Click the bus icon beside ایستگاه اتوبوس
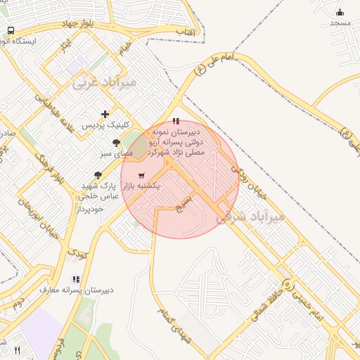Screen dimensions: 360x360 [x=11, y=30]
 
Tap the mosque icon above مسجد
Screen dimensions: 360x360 [x=340, y=12]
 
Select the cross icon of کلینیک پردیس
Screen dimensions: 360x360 [x=105, y=114]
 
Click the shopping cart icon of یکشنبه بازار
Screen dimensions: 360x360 [x=141, y=175]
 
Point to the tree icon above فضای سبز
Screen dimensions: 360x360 [x=116, y=143]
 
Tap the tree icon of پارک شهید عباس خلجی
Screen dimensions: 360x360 [x=98, y=175]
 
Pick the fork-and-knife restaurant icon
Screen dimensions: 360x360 [x=17, y=349]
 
